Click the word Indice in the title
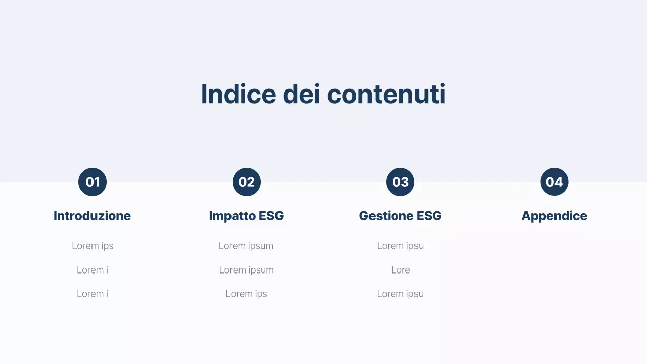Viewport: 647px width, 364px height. coord(239,94)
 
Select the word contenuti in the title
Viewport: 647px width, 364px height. coord(386,94)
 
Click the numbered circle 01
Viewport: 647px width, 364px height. coord(93,182)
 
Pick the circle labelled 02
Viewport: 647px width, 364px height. coord(247,182)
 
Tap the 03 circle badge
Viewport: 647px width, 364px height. coord(400,182)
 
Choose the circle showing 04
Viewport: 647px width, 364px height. coord(554,182)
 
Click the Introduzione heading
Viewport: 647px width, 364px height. coord(92,216)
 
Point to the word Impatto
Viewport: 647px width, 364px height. coord(232,216)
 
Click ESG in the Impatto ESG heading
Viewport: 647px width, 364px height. coord(271,216)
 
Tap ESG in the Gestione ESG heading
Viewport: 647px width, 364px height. coord(429,216)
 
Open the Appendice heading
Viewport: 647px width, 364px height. coord(554,216)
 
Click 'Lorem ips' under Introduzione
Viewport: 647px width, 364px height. coord(93,246)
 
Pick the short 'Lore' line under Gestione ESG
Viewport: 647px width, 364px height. coord(400,270)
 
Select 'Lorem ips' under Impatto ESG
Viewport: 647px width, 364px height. coord(246,294)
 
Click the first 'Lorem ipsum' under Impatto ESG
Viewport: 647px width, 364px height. coord(246,246)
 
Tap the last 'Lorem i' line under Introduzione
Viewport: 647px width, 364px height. coord(93,294)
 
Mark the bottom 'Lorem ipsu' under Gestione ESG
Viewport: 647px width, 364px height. coord(400,294)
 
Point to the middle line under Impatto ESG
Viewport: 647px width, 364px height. coord(246,270)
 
